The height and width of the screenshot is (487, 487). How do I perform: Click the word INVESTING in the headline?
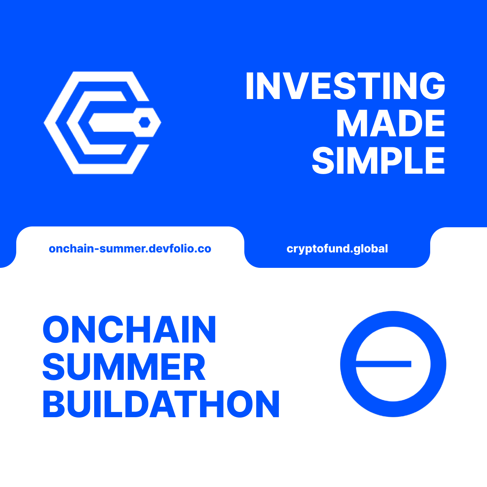coord(345,86)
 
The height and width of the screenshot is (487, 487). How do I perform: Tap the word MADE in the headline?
coord(390,124)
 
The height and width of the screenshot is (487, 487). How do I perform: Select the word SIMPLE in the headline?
coord(378,161)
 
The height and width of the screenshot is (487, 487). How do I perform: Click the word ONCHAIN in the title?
coord(129,330)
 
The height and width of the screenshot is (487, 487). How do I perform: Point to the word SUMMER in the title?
coord(124,367)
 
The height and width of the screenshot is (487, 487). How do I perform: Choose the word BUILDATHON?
coord(161,405)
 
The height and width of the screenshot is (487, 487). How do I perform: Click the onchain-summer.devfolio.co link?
coord(130,249)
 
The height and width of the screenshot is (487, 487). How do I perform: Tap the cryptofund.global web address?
coord(337,249)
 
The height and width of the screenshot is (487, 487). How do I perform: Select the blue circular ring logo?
coord(393,364)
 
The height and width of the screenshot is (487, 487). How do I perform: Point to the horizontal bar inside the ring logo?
coord(384,364)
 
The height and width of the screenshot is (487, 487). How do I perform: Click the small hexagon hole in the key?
coord(144,122)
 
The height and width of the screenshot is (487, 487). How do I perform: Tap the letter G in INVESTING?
coord(429,86)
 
